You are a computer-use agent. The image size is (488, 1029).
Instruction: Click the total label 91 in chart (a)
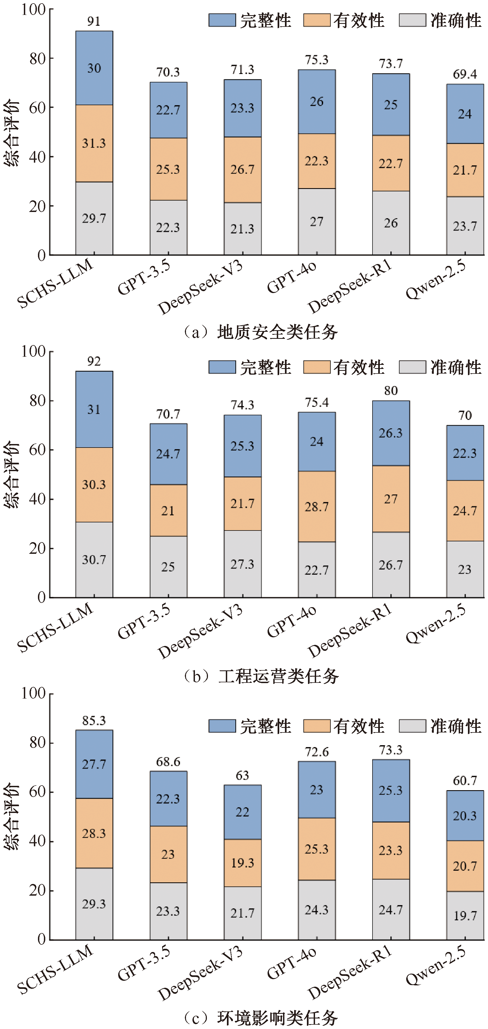click(x=94, y=21)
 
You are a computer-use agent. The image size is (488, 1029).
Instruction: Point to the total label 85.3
click(x=94, y=721)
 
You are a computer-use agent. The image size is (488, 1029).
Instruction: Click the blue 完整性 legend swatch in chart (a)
click(x=222, y=20)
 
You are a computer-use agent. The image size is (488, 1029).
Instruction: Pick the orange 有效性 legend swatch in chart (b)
click(x=317, y=367)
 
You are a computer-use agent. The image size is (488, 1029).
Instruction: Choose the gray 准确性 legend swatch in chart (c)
click(x=412, y=726)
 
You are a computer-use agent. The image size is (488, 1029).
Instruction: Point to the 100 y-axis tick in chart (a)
click(x=34, y=9)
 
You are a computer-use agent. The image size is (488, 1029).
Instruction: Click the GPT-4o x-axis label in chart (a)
click(x=292, y=278)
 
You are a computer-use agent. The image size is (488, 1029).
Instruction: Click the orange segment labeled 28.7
click(x=317, y=507)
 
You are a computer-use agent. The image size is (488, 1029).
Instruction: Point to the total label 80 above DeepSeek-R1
click(x=391, y=391)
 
